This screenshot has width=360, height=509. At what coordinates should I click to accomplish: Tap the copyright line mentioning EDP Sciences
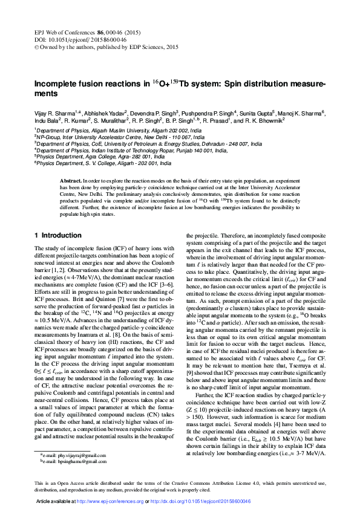pos(106,45)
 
